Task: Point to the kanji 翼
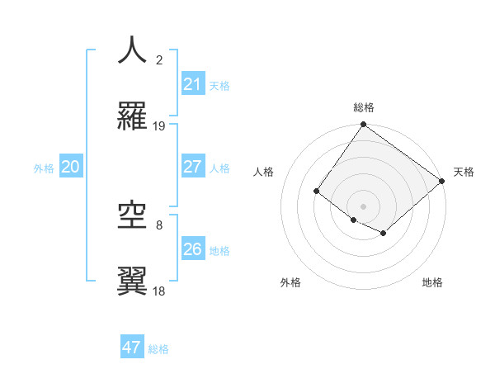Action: click(132, 282)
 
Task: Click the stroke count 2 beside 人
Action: click(159, 59)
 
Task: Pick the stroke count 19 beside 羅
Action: click(159, 126)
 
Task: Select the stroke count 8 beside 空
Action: click(159, 225)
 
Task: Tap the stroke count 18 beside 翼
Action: click(159, 291)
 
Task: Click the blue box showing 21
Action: click(192, 84)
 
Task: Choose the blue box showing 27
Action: click(192, 167)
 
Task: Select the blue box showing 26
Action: click(192, 249)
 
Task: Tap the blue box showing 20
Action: click(70, 167)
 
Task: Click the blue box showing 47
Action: click(131, 348)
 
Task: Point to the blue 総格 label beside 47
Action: click(158, 349)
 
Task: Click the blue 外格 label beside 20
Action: click(44, 168)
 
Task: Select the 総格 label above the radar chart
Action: click(363, 107)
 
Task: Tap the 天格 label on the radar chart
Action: click(464, 172)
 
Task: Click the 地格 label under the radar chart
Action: click(432, 283)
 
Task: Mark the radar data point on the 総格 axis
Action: click(363, 125)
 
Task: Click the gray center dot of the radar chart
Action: click(363, 206)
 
